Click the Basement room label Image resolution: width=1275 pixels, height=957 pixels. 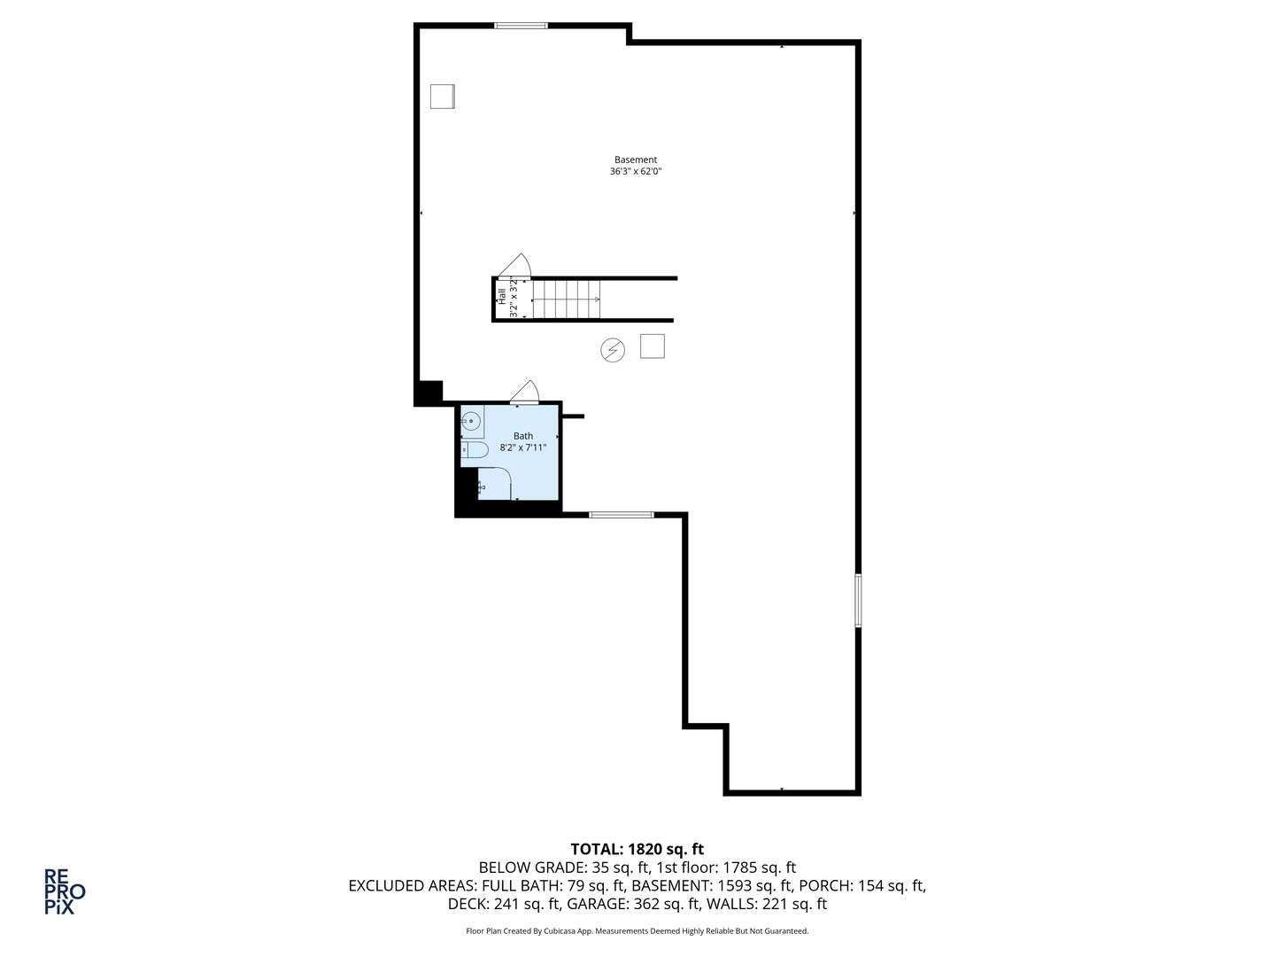coord(636,159)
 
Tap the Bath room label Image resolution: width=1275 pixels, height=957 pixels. coord(522,436)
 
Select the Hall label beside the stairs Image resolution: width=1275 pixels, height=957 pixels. coord(501,296)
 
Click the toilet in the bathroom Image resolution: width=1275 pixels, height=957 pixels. coord(475,450)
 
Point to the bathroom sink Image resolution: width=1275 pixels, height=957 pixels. coord(472,420)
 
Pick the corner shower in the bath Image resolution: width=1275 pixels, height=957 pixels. coord(495,484)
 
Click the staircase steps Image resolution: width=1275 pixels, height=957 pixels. coord(567,300)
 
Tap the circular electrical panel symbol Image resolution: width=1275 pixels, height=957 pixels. coord(612,350)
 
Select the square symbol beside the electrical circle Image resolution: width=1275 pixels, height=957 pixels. coord(653,346)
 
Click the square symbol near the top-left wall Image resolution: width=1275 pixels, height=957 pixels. coord(442,97)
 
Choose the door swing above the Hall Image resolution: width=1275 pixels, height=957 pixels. coord(515,266)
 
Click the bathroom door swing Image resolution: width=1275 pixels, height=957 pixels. coord(525,391)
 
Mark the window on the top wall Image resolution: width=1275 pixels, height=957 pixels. coord(521,26)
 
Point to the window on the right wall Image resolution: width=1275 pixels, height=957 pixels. coord(858,600)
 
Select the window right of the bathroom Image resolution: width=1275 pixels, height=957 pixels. coord(621,515)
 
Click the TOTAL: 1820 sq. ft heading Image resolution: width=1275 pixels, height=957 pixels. coord(637,850)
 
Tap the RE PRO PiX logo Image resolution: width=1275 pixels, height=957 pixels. coord(65,891)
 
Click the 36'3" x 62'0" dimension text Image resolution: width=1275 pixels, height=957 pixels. coord(636,171)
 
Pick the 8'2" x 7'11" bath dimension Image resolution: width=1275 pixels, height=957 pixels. coord(522,447)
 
